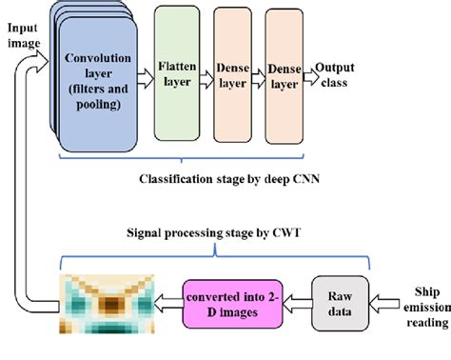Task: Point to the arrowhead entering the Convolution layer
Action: coord(48,56)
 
